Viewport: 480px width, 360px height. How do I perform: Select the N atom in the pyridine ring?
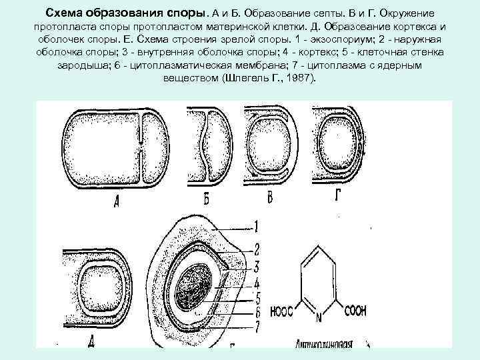319,317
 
